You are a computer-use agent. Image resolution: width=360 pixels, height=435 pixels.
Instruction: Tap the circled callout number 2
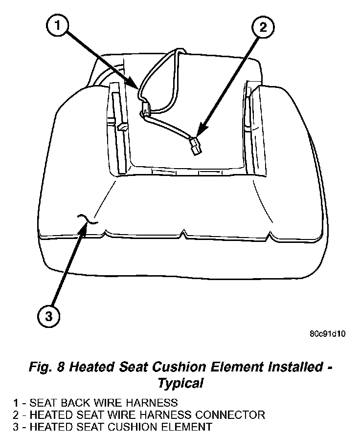point(263,27)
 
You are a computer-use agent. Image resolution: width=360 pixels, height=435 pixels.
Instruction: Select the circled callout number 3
point(48,316)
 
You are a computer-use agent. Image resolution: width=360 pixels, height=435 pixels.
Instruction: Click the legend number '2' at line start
point(16,415)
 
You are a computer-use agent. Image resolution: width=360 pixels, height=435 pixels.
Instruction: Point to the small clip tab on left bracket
point(122,128)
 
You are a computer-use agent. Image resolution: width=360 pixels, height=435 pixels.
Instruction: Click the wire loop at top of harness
point(179,51)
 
